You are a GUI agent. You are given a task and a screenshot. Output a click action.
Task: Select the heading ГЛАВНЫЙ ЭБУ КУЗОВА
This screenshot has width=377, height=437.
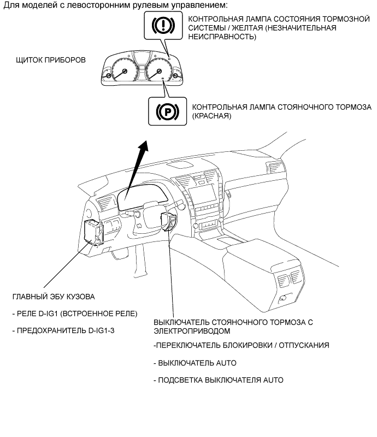(54, 297)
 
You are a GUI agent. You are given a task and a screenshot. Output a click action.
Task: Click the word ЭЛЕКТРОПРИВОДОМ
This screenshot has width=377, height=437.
(191, 331)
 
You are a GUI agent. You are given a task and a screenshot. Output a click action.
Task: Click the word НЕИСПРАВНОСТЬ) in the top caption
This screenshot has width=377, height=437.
(221, 37)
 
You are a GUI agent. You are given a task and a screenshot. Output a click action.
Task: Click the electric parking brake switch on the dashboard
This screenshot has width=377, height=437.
(169, 222)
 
